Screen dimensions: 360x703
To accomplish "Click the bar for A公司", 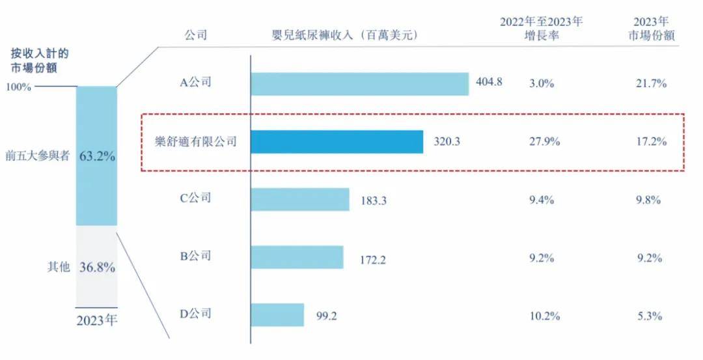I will pyautogui.click(x=359, y=84).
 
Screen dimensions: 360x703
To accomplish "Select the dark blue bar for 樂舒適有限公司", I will pyautogui.click(x=337, y=142).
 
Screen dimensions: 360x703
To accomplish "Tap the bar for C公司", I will pyautogui.click(x=300, y=200).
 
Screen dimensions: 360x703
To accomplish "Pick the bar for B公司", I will pyautogui.click(x=297, y=257).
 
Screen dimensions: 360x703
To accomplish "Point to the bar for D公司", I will pyautogui.click(x=277, y=314).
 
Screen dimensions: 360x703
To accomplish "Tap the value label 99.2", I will pyautogui.click(x=327, y=317).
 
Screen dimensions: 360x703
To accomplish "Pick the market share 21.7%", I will pyautogui.click(x=650, y=84).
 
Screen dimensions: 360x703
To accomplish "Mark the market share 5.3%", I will pyautogui.click(x=650, y=316).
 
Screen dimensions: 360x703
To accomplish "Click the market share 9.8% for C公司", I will pyautogui.click(x=650, y=200).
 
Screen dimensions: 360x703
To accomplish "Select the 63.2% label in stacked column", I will pyautogui.click(x=97, y=156).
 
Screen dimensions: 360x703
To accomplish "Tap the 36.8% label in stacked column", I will pyautogui.click(x=97, y=267).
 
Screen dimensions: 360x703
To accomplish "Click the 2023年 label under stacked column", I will pyautogui.click(x=97, y=320).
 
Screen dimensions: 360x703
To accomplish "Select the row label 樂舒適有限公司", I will pyautogui.click(x=195, y=142).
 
